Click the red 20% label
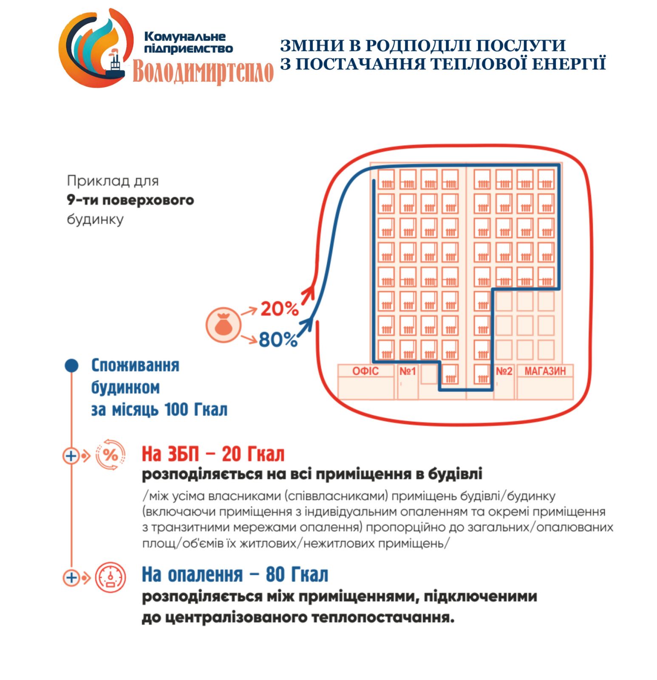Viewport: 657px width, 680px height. (279, 309)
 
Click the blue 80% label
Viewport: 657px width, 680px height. (278, 340)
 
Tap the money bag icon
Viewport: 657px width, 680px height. (223, 325)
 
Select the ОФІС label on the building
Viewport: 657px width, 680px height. (365, 371)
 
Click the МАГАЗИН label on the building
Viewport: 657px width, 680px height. (545, 371)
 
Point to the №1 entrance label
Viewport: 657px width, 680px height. (407, 371)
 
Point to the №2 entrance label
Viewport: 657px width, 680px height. (504, 371)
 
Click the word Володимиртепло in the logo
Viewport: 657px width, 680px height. (203, 71)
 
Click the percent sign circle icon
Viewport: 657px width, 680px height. (110, 455)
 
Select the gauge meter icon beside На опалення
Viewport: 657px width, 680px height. (110, 577)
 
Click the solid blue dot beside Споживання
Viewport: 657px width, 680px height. (72, 365)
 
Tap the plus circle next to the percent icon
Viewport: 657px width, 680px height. (71, 456)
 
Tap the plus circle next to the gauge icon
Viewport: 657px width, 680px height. (71, 578)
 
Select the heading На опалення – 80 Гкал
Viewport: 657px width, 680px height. (235, 575)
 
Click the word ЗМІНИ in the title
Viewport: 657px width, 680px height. (307, 46)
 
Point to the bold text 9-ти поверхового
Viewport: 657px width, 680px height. (130, 200)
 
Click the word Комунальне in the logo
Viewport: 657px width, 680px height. (185, 37)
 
